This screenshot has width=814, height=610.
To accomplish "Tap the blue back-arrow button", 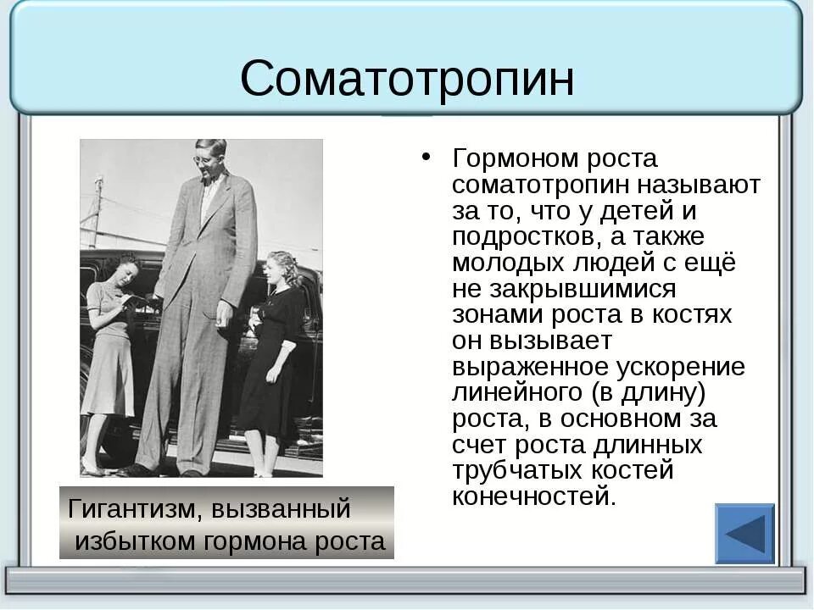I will point(744,534).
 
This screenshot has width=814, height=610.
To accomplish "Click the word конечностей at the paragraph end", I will point(532,496).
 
